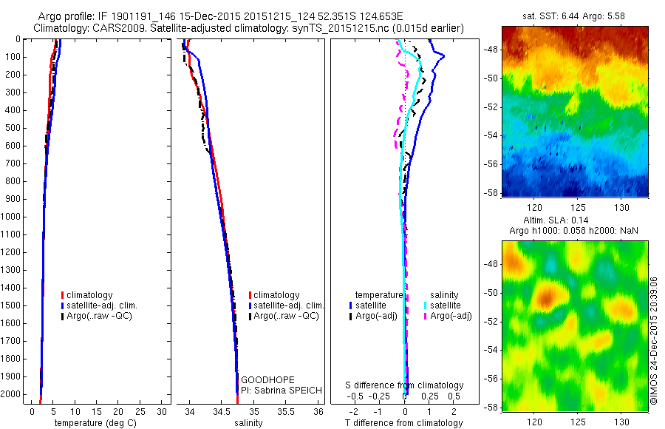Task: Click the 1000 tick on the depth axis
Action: pos(15,217)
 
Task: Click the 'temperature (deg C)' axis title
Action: pos(100,423)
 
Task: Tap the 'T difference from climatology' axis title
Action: pos(405,423)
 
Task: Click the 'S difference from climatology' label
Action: pos(405,385)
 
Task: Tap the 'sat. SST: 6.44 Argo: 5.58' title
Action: pos(574,16)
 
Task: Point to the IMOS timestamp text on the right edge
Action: pos(653,341)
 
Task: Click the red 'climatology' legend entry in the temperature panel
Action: pos(94,294)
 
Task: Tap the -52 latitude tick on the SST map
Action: pos(491,107)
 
